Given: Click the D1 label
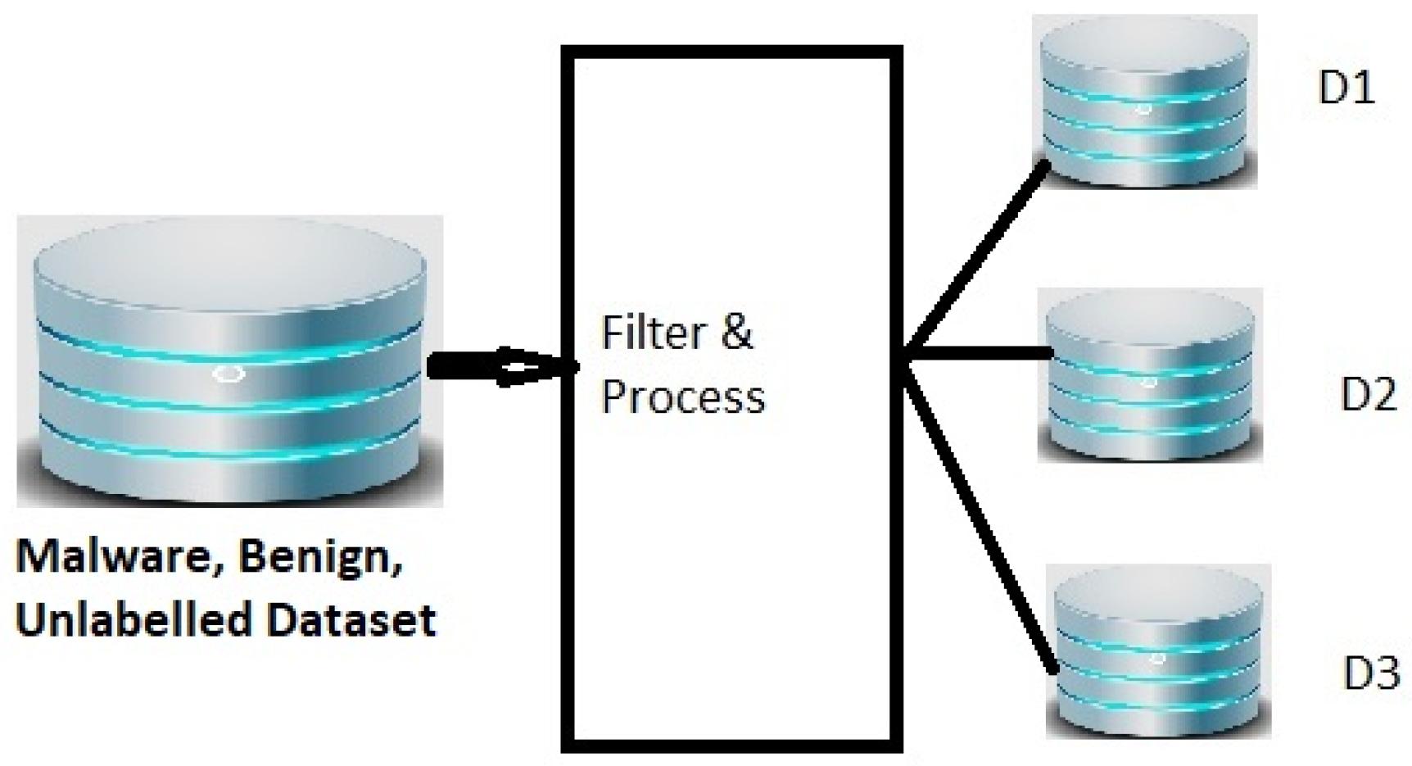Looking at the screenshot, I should pyautogui.click(x=1346, y=88).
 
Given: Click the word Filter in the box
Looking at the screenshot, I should pyautogui.click(x=654, y=333).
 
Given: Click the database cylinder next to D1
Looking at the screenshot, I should pyautogui.click(x=1145, y=102).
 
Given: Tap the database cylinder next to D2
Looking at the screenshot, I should pyautogui.click(x=1149, y=377).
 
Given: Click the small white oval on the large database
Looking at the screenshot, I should pyautogui.click(x=229, y=374).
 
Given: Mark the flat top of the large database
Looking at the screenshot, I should pyautogui.click(x=229, y=270).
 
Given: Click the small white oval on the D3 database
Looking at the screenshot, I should pyautogui.click(x=1157, y=658).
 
